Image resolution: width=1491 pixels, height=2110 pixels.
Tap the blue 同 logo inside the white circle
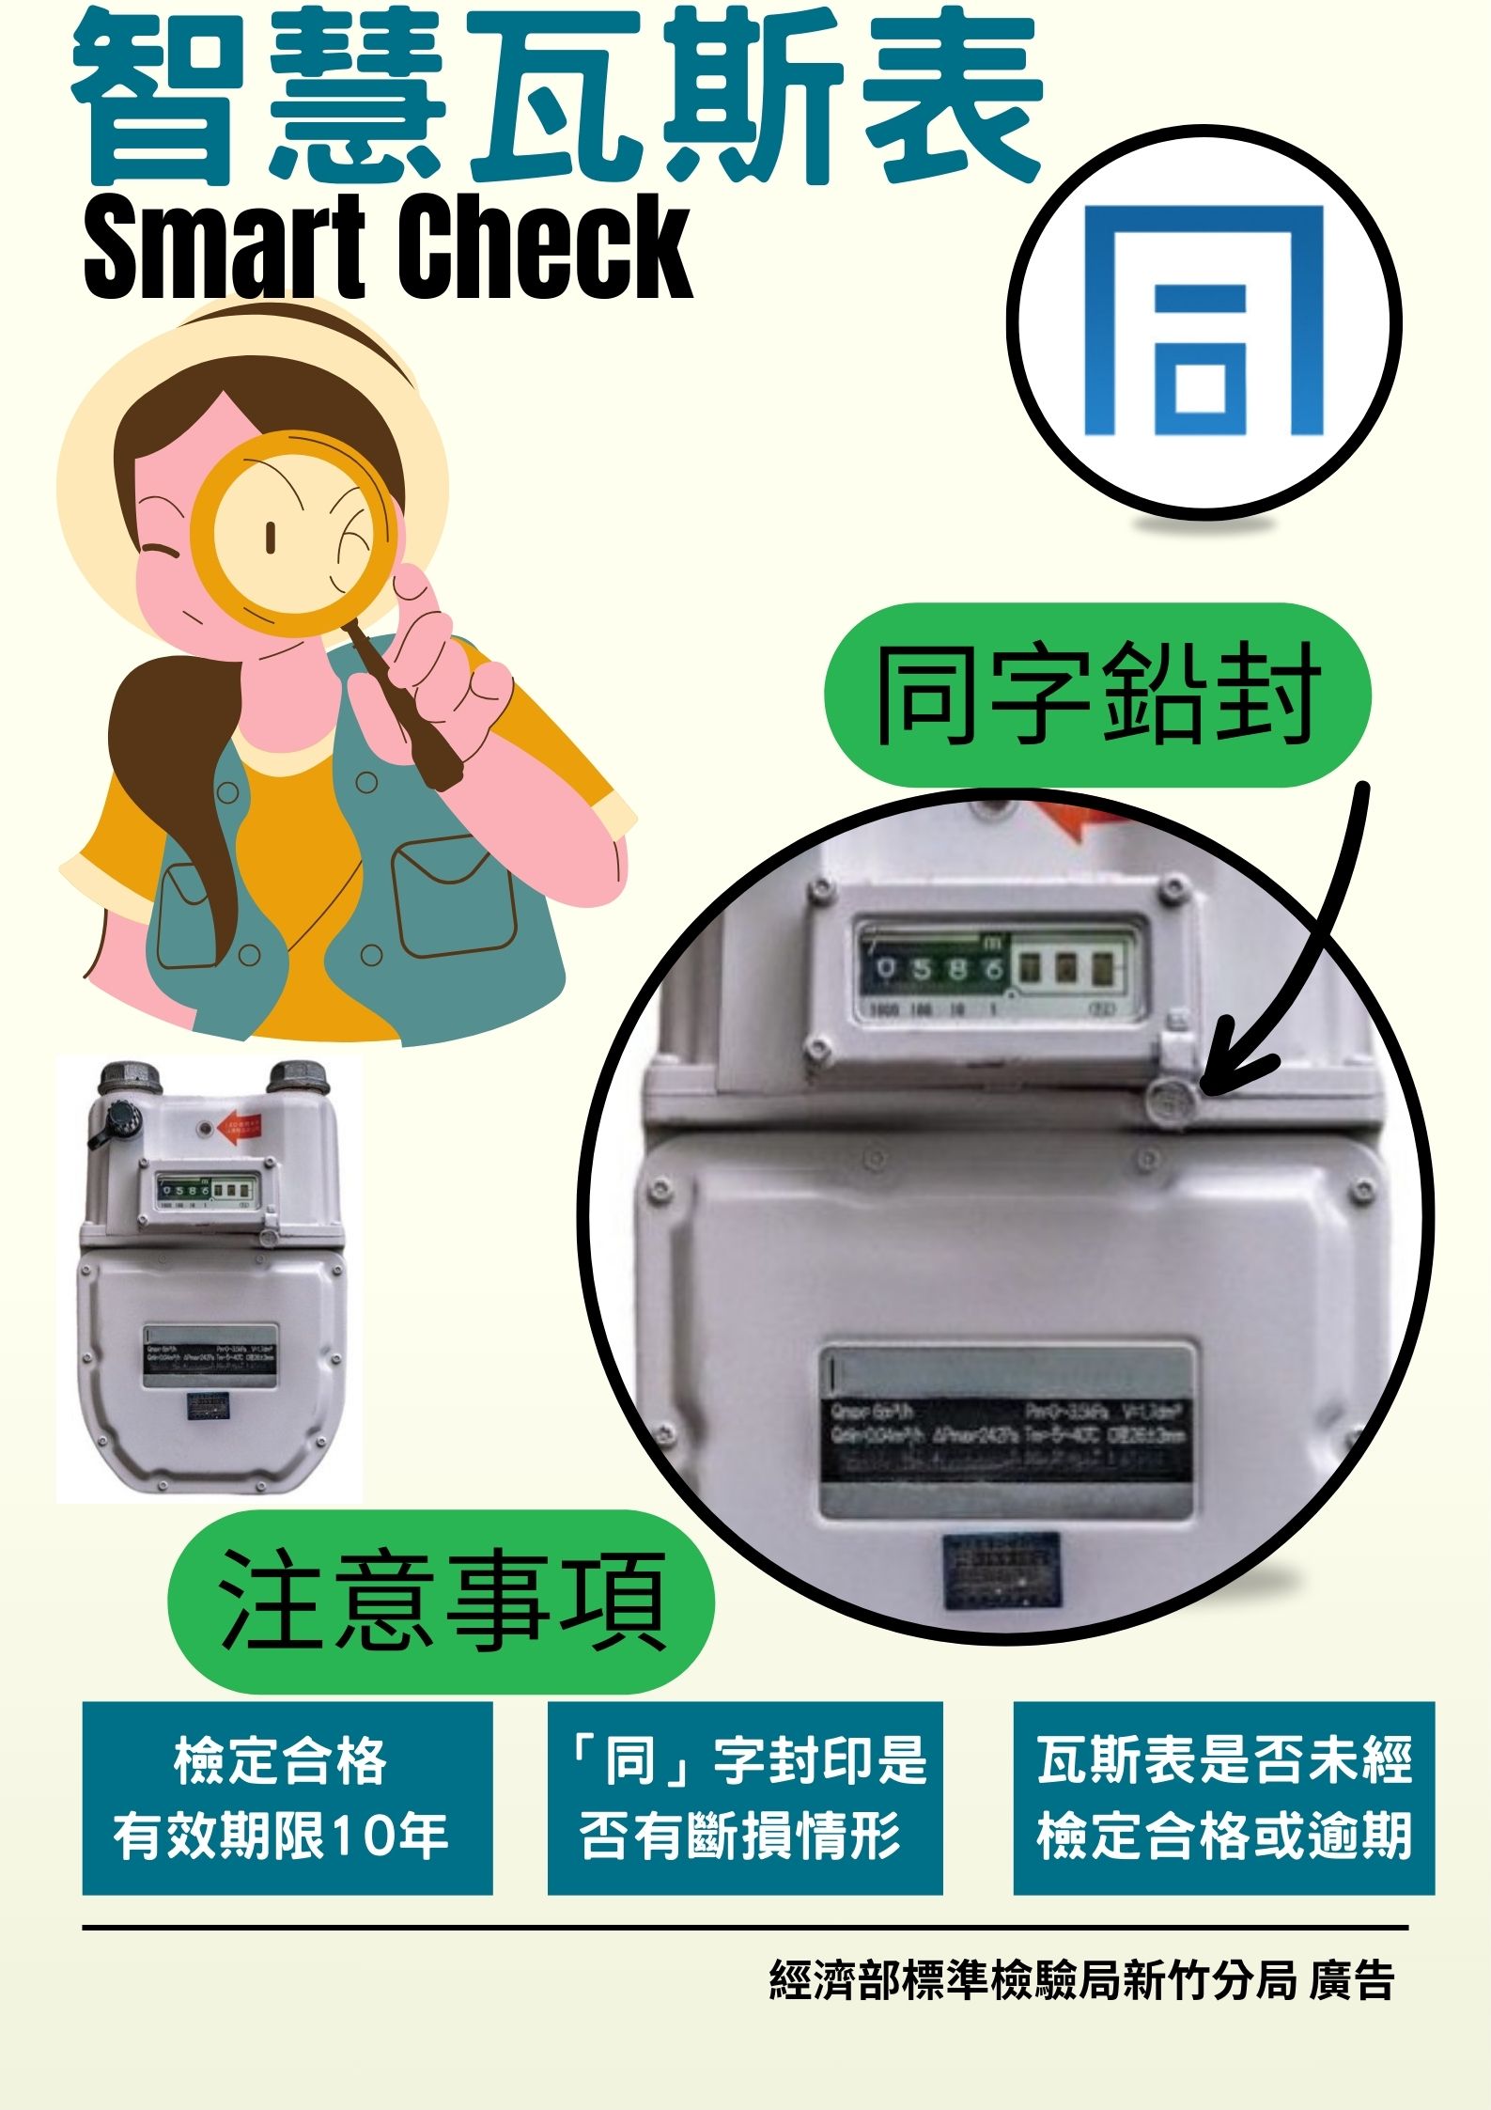tap(1204, 321)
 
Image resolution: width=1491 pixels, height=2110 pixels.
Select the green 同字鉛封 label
tap(1096, 696)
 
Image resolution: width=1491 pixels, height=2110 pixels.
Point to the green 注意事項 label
tap(441, 1602)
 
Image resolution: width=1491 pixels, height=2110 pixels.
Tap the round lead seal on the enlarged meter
tap(1171, 1100)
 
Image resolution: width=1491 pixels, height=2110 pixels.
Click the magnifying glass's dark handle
tap(404, 705)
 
